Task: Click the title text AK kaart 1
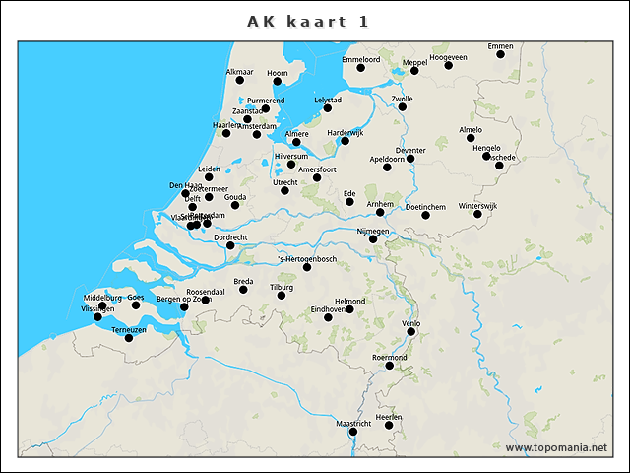tap(309, 22)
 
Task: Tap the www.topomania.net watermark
tap(555, 448)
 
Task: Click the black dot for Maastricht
tap(353, 432)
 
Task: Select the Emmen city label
tap(500, 46)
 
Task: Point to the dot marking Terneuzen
tap(129, 338)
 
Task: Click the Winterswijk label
tap(492, 207)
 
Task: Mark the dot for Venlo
tap(411, 331)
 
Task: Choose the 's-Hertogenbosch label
tap(306, 258)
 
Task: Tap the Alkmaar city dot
tap(239, 80)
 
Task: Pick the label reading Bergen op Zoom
tap(184, 299)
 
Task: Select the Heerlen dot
tap(389, 426)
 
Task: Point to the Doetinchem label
tap(425, 207)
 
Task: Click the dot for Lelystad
tap(328, 107)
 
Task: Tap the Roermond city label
tap(390, 357)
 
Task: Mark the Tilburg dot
tap(282, 295)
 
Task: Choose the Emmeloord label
tap(360, 60)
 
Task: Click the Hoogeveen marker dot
tap(449, 66)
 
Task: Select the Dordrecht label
tap(230, 237)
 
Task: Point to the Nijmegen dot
tap(373, 238)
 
